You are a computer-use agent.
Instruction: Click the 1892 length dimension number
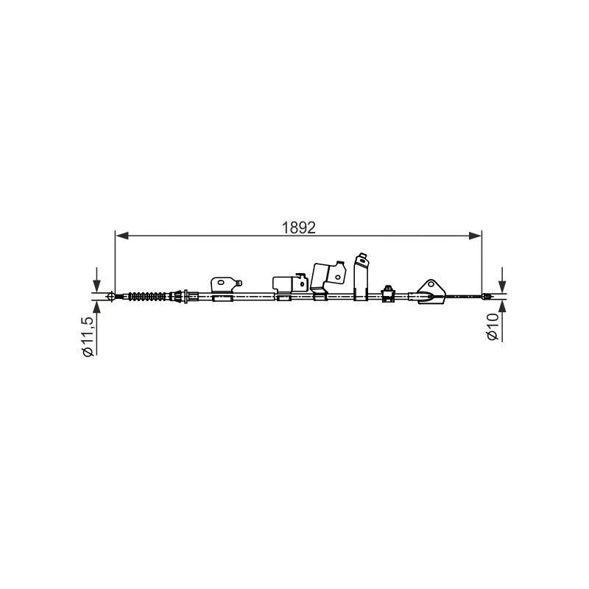(299, 228)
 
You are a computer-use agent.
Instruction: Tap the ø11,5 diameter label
(88, 336)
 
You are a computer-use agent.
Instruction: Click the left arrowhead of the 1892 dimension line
(121, 236)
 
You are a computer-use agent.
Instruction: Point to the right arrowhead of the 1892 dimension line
(475, 236)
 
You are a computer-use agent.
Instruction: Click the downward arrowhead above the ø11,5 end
(97, 286)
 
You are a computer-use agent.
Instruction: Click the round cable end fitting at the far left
(111, 297)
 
